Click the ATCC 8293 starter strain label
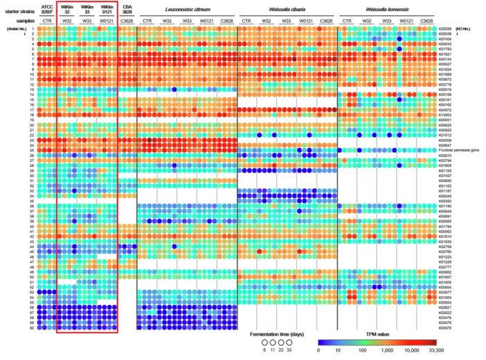click(47, 9)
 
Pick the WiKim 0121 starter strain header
click(106, 9)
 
